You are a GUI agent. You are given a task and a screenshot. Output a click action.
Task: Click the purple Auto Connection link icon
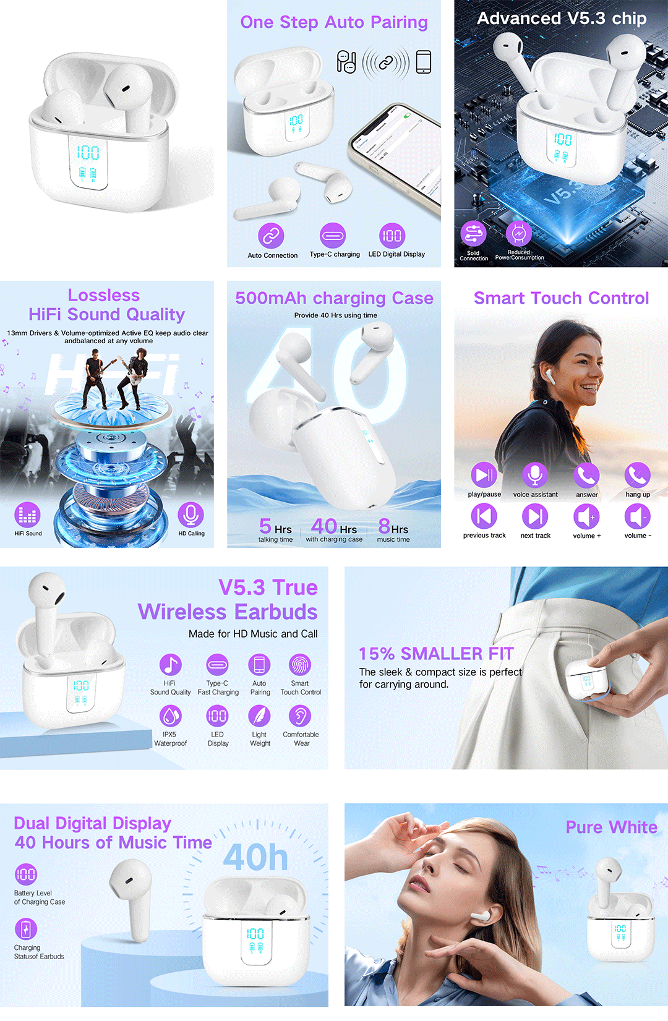(272, 236)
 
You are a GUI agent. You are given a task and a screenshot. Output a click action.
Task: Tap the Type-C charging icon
(333, 236)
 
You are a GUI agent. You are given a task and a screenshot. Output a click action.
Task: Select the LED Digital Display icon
(392, 236)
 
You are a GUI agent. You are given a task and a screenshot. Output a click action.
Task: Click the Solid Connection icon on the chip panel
(473, 233)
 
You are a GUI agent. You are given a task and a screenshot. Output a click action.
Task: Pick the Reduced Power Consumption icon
(519, 233)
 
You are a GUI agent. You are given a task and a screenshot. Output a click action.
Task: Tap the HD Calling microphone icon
(191, 515)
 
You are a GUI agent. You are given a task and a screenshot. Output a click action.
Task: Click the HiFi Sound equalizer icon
(27, 515)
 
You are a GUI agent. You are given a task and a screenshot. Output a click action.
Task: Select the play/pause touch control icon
(484, 474)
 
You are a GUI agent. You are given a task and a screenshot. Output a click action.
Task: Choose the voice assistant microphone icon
(535, 474)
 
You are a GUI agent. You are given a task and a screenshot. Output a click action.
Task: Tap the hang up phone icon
(638, 474)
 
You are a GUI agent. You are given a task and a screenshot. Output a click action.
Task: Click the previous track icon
(484, 516)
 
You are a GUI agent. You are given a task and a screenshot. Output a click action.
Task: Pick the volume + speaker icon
(586, 516)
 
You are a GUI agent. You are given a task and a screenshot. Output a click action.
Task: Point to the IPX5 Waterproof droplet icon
(171, 716)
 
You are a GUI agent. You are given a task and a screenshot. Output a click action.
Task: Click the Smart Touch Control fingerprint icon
(300, 665)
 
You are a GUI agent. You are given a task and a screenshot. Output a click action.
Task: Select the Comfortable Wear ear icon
(300, 716)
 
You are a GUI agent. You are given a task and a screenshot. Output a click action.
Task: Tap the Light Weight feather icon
(259, 716)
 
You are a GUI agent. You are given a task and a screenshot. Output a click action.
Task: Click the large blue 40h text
(256, 857)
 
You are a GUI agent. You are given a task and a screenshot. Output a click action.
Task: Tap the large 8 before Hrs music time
(384, 526)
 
